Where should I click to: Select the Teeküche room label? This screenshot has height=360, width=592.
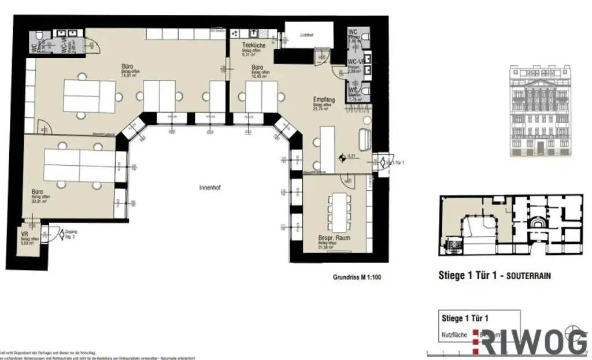254,45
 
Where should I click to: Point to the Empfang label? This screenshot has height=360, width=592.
324,99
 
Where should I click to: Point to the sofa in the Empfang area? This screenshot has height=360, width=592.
367,139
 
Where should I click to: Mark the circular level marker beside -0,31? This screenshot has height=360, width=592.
343,157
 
